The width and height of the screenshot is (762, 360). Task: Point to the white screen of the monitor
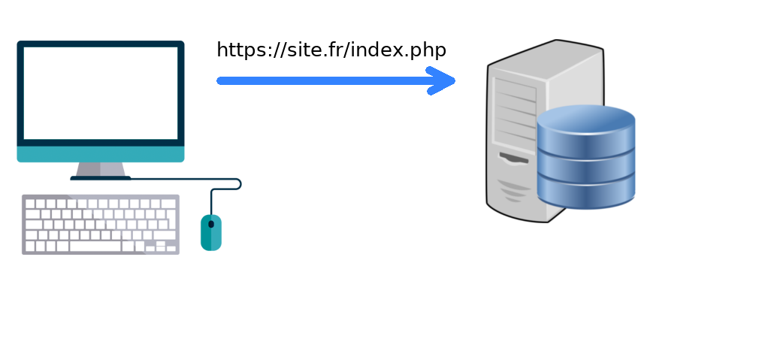click(x=101, y=92)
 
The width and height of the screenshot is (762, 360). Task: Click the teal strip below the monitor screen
click(x=101, y=154)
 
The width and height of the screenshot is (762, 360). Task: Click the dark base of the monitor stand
click(x=101, y=178)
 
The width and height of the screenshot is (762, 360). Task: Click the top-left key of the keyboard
click(x=30, y=204)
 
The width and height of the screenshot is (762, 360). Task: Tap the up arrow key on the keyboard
click(x=160, y=243)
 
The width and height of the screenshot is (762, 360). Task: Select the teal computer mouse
click(x=211, y=233)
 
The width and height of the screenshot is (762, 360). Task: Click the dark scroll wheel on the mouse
click(x=211, y=224)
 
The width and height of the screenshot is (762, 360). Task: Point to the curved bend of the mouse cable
click(x=237, y=184)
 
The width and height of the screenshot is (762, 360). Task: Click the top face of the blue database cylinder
click(x=586, y=119)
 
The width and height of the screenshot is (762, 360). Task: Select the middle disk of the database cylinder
click(x=586, y=167)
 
